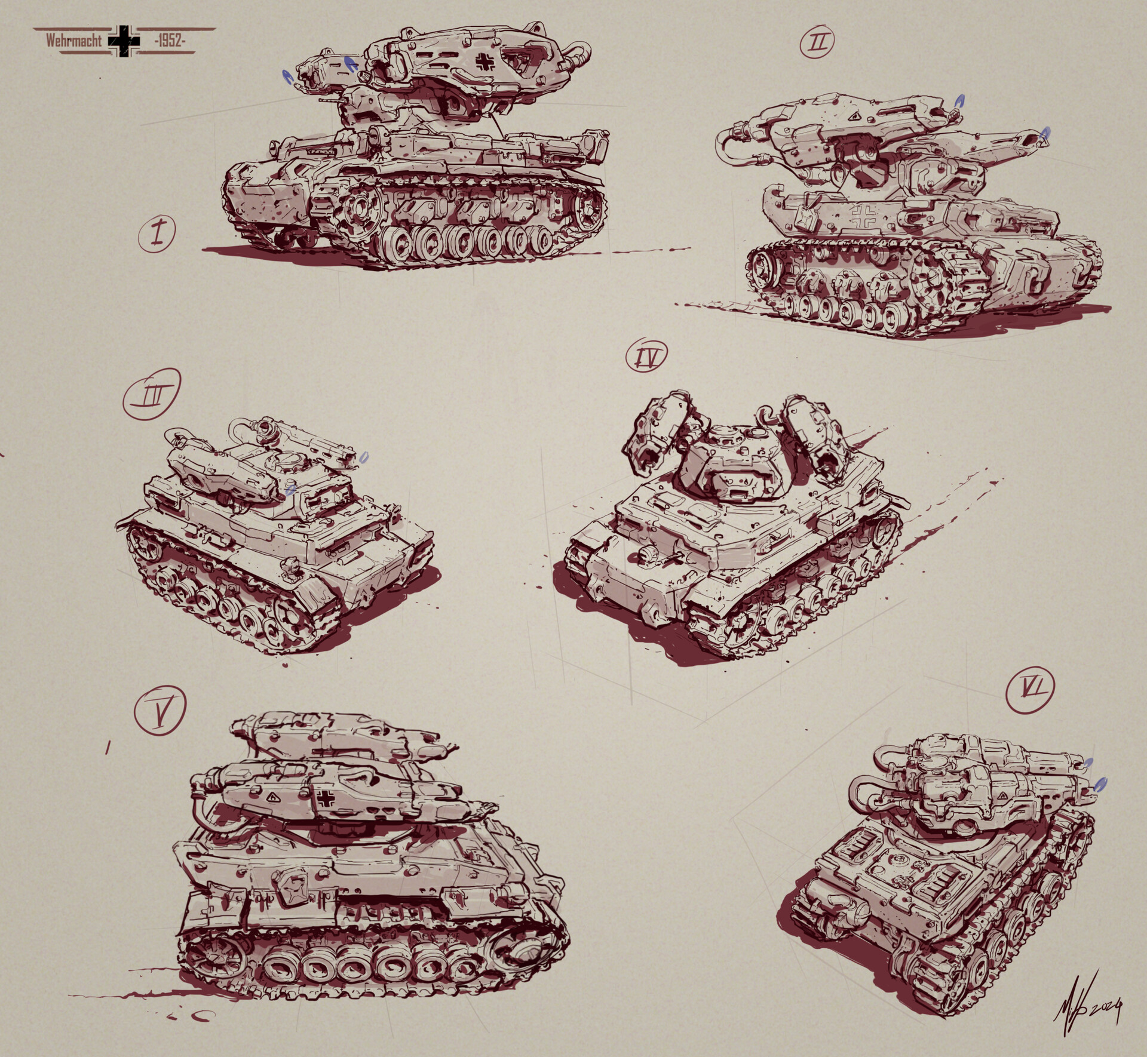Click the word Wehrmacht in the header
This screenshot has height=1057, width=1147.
click(74, 42)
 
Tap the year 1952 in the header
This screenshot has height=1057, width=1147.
click(170, 42)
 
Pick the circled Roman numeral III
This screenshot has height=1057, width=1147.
click(151, 394)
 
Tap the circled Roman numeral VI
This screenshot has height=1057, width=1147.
click(1029, 689)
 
